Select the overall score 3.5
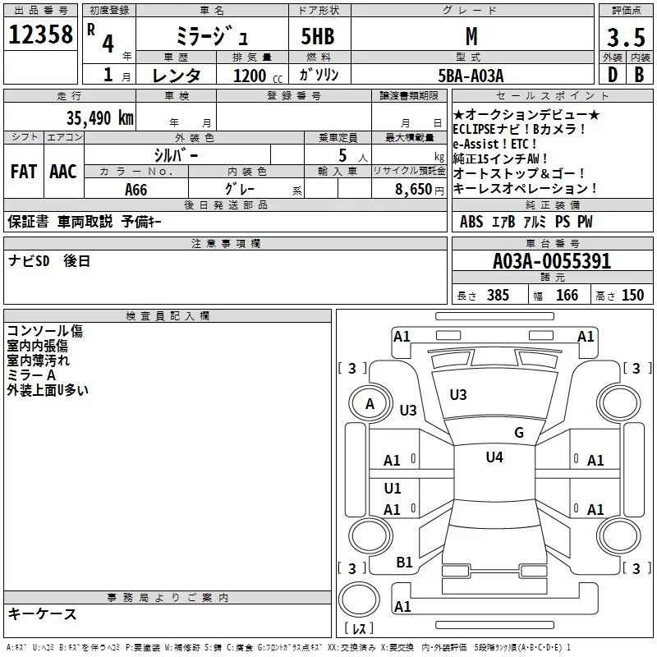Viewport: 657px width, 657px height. (625, 37)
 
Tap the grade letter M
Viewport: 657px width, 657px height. (471, 37)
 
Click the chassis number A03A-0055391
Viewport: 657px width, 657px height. (552, 261)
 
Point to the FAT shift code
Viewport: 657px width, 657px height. (23, 171)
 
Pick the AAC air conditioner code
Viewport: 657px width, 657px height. (62, 171)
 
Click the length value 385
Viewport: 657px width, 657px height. (497, 296)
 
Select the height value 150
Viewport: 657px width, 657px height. (632, 296)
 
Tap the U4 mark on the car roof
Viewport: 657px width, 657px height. (494, 457)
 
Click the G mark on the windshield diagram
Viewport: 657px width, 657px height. (518, 433)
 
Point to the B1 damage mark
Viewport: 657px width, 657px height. (404, 562)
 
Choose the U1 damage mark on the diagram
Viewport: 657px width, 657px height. (393, 488)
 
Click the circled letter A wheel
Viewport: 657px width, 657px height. (370, 403)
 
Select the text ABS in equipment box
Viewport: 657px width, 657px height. (471, 222)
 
